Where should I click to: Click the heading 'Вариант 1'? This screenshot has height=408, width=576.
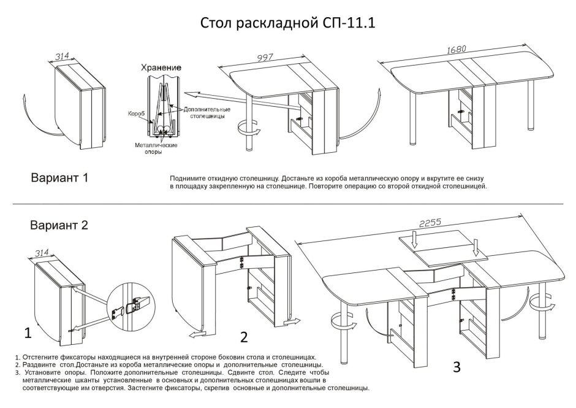point(59,178)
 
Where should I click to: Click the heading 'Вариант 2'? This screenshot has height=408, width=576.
point(59,225)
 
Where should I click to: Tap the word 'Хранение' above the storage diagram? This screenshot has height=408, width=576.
point(161,67)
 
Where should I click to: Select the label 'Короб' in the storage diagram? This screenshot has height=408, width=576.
point(136,114)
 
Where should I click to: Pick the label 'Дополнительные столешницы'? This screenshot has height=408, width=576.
point(204,112)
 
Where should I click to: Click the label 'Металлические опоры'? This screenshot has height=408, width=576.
point(157,148)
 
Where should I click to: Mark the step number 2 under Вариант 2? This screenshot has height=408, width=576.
point(244,337)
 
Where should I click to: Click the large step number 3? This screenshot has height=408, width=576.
point(456,368)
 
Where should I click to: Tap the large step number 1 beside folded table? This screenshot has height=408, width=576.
point(27,333)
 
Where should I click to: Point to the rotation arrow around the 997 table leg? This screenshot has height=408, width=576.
point(249,130)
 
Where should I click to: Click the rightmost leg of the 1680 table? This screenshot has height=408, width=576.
point(530,107)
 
